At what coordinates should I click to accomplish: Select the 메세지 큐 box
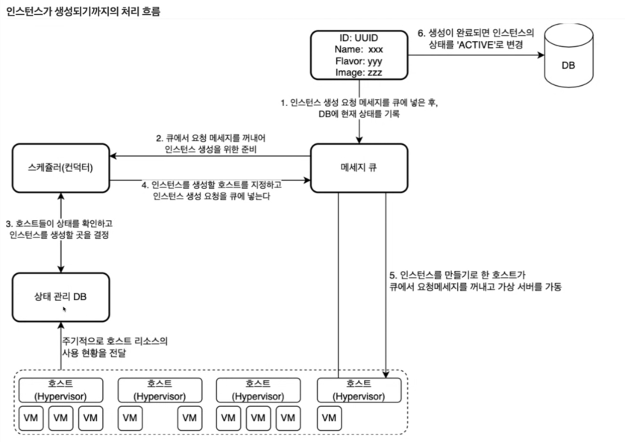click(x=358, y=166)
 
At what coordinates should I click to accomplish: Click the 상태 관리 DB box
click(x=60, y=296)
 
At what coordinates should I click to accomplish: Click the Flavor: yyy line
click(x=359, y=61)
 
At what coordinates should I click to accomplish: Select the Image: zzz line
click(x=359, y=72)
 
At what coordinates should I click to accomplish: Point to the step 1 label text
click(x=359, y=109)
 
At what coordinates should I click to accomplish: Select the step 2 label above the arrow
click(x=211, y=145)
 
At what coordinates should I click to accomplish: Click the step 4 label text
click(x=210, y=190)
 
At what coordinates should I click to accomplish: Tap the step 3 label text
click(x=58, y=229)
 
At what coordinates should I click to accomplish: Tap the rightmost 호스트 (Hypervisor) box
click(x=358, y=389)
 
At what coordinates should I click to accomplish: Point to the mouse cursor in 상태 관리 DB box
click(x=65, y=308)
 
